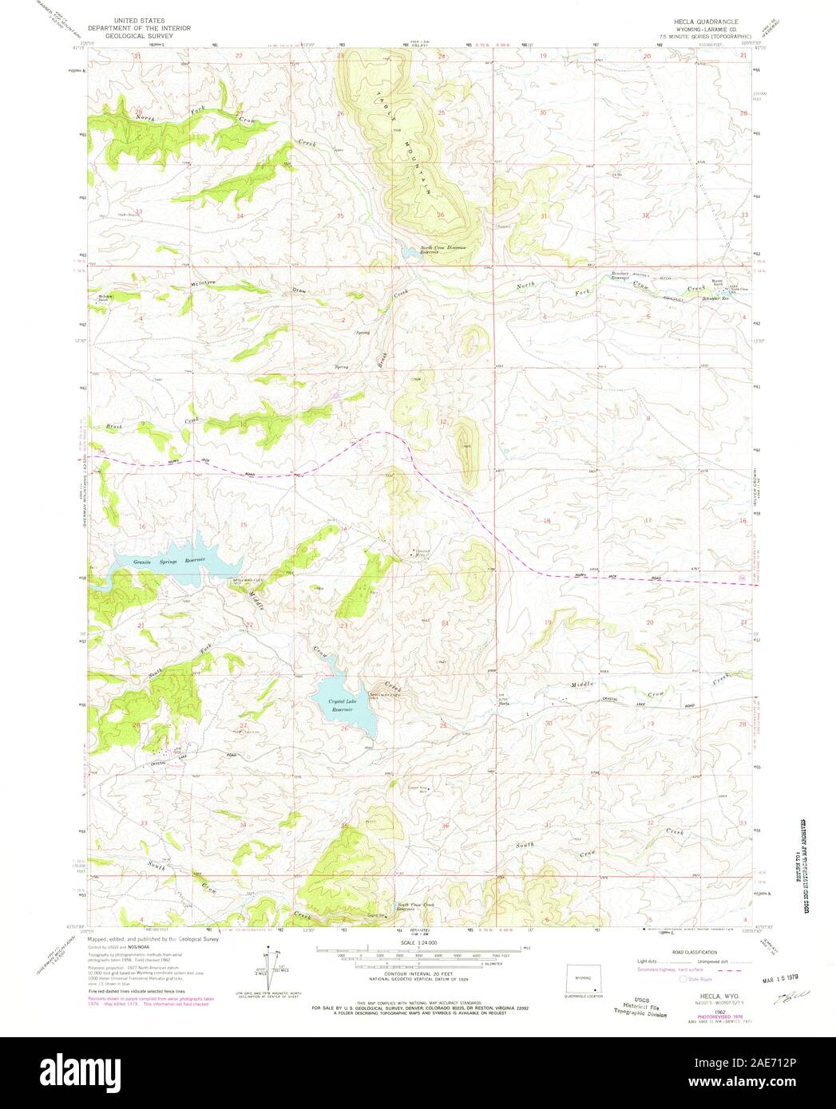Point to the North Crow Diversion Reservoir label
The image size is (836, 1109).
point(438,248)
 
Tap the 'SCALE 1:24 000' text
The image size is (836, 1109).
point(418,943)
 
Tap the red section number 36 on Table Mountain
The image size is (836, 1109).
point(441,214)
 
